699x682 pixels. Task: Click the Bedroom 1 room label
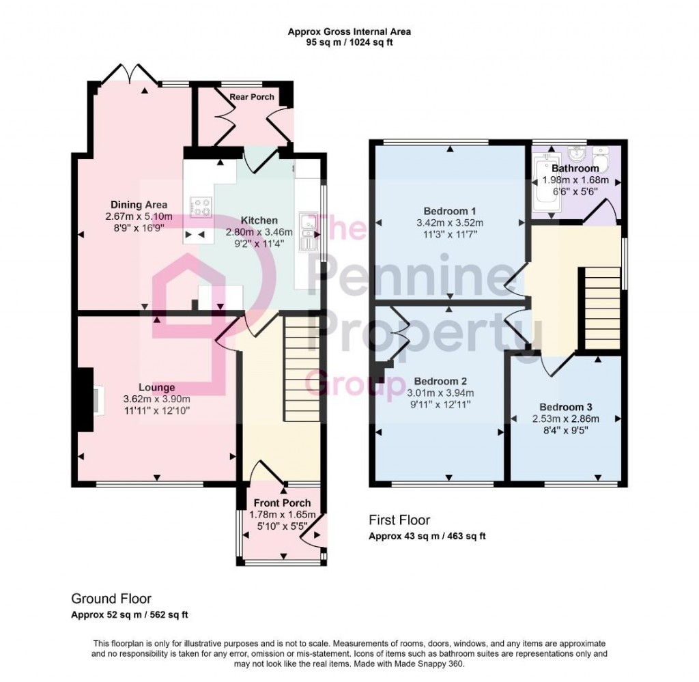coord(449,210)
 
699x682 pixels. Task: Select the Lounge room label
coord(157,388)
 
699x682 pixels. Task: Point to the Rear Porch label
coord(252,97)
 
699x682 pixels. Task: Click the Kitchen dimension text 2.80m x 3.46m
coord(259,232)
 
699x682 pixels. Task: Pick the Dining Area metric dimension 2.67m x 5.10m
coord(139,216)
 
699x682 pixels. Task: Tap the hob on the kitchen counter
coord(201,206)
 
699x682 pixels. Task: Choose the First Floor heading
coord(399,520)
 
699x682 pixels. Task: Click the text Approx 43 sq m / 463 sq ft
coord(427,536)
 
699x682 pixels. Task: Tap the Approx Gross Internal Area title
coord(349,31)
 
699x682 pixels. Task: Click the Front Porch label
coord(281,503)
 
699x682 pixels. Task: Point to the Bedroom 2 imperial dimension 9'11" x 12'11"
coord(440,404)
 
